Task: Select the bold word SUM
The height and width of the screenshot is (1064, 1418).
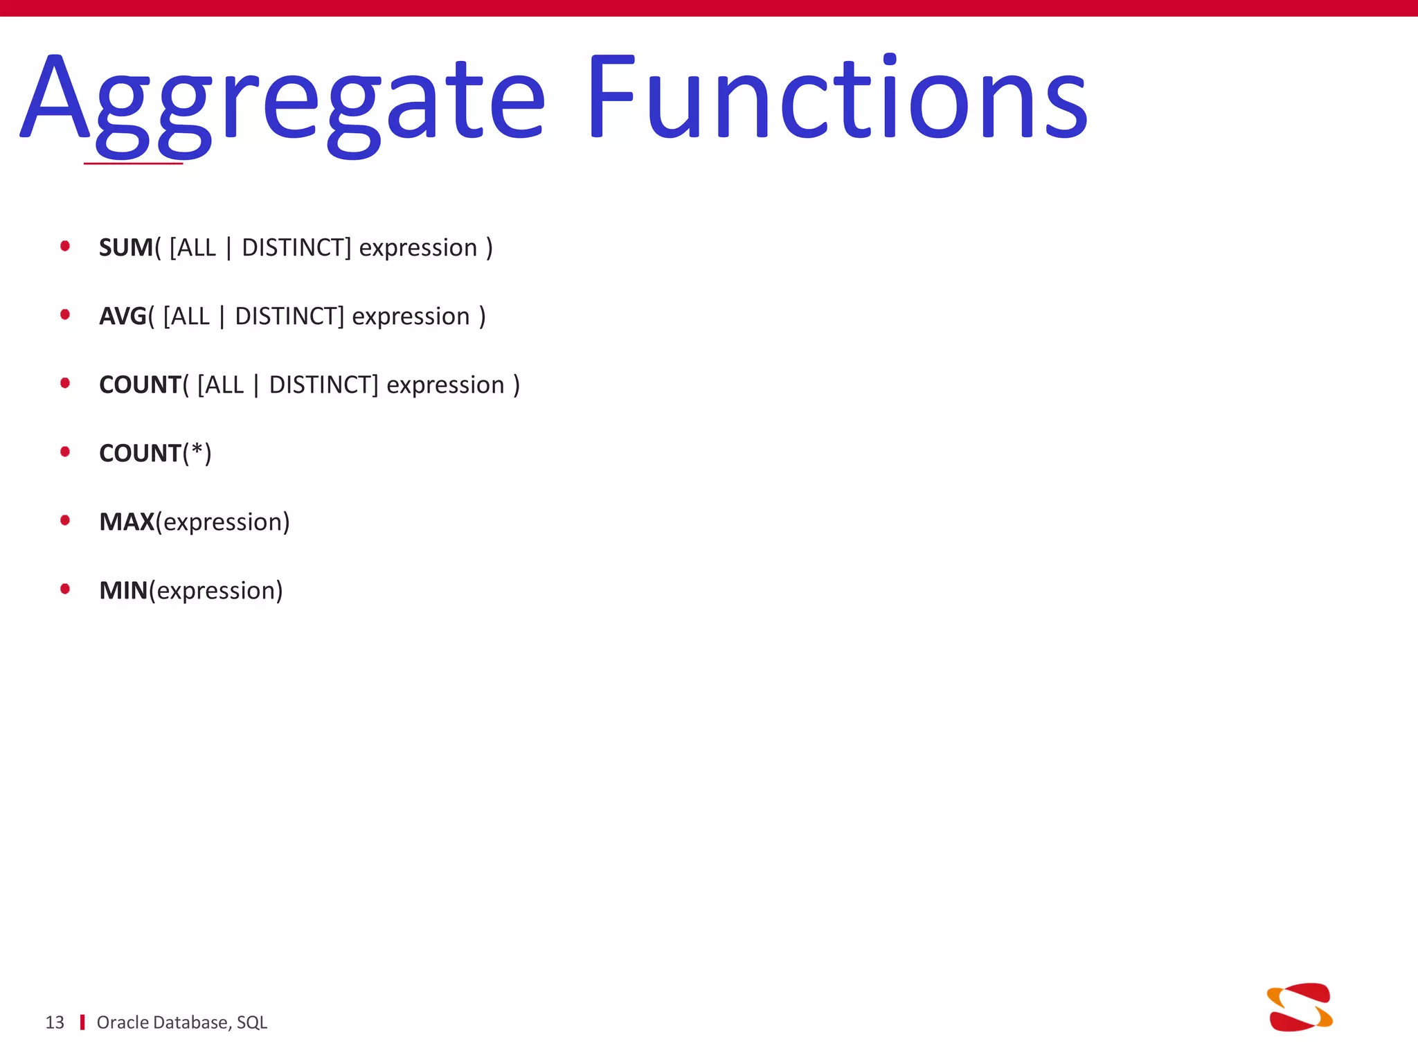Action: [125, 247]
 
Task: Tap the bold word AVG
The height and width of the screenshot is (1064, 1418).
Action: [123, 316]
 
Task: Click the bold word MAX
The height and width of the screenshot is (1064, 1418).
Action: [127, 522]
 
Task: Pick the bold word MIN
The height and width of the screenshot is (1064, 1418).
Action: [123, 590]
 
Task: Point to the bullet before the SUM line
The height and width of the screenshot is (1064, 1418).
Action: [65, 246]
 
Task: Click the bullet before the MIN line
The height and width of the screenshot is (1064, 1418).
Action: [65, 589]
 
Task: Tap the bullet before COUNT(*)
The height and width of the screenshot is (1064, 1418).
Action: [65, 452]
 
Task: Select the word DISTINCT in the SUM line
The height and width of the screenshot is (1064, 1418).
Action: [296, 247]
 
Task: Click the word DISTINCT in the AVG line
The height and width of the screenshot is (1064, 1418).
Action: [289, 316]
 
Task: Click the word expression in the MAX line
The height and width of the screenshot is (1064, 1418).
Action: [222, 522]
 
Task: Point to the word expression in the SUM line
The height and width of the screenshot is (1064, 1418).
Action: [418, 248]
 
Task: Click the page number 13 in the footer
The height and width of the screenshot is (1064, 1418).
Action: [55, 1022]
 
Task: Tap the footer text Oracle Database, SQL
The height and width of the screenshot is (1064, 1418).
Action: [181, 1022]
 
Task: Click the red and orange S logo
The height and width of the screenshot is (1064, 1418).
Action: [1300, 1007]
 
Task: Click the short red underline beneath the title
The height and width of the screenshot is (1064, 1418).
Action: [133, 163]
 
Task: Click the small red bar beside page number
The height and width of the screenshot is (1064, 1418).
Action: [82, 1022]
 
